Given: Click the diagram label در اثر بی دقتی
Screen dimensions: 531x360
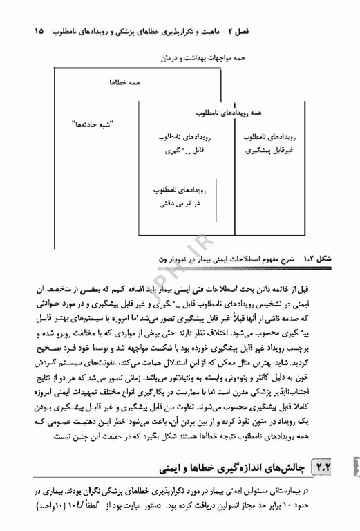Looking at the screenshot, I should tap(178, 205).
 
